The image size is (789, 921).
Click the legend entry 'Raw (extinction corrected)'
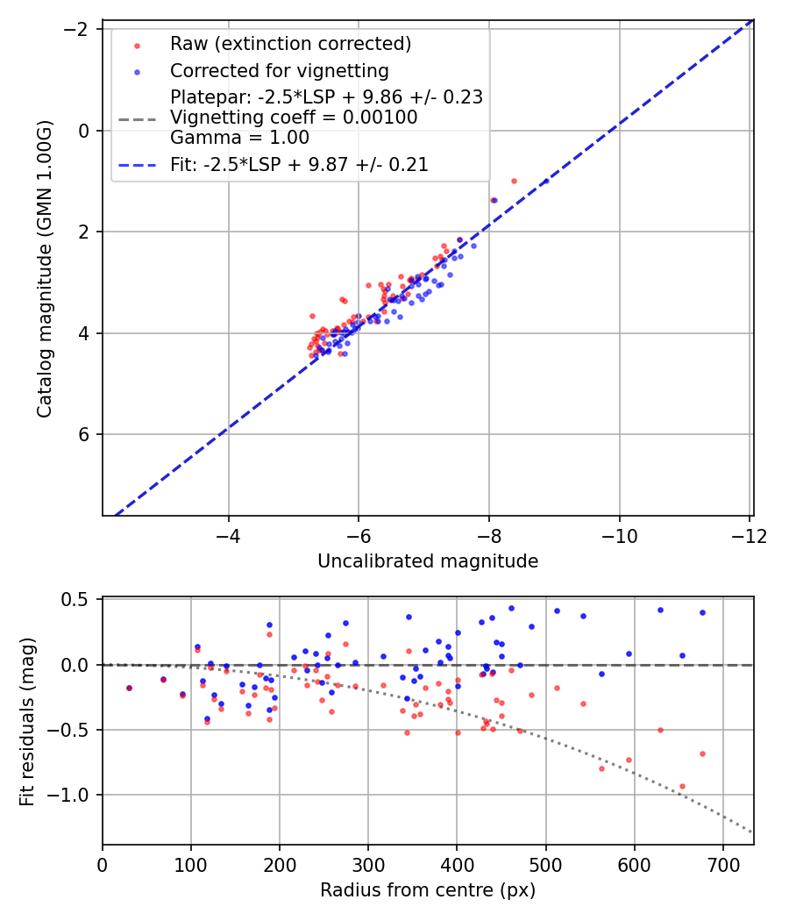[290, 44]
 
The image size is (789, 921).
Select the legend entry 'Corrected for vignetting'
[279, 70]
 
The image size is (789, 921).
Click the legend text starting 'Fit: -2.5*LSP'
[299, 165]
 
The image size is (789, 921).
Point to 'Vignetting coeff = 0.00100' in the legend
[294, 118]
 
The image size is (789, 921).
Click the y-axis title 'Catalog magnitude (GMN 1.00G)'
[45, 268]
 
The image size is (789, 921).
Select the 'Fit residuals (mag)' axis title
[27, 721]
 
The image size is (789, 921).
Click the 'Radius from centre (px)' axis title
[428, 890]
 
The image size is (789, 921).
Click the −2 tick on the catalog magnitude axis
[80, 30]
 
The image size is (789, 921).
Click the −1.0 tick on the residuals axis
[75, 795]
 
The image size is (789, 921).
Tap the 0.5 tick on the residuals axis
[81, 600]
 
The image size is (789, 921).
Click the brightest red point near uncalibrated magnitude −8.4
[514, 181]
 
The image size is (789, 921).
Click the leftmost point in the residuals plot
[129, 688]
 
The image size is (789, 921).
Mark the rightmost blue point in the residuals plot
[702, 612]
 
